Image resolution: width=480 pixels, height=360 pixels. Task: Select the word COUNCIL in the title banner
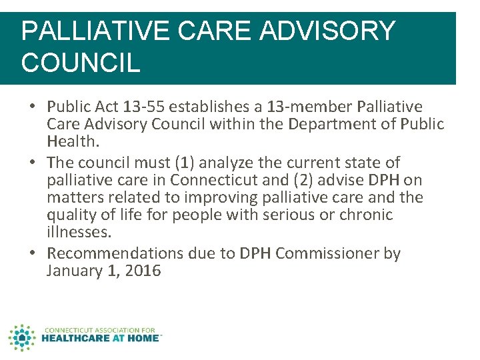coord(81,63)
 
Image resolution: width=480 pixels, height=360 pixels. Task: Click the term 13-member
coord(311,107)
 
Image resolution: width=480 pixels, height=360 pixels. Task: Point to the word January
coord(75,271)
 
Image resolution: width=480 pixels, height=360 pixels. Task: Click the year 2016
coord(142,271)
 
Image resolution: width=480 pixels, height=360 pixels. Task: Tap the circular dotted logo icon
coord(22,337)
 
